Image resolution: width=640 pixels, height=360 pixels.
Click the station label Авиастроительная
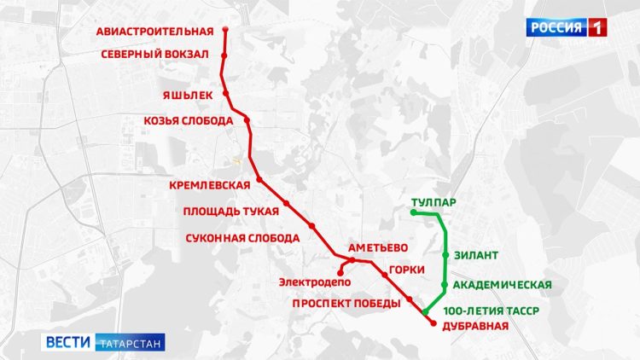coord(154,32)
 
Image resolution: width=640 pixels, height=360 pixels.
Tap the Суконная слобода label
coord(241,238)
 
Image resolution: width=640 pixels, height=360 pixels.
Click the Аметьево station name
coord(377,247)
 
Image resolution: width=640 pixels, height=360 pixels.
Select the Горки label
coord(406,270)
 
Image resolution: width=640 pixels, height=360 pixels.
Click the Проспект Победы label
coord(346,304)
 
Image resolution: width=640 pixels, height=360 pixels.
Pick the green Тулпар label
coord(433,203)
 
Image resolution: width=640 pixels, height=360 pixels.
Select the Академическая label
coord(503,285)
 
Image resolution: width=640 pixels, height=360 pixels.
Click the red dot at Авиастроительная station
coord(225,30)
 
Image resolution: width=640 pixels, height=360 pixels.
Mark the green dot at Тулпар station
coord(413,212)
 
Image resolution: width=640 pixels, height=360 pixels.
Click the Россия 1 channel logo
coord(567,27)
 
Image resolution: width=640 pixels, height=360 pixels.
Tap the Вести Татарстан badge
coord(104,341)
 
